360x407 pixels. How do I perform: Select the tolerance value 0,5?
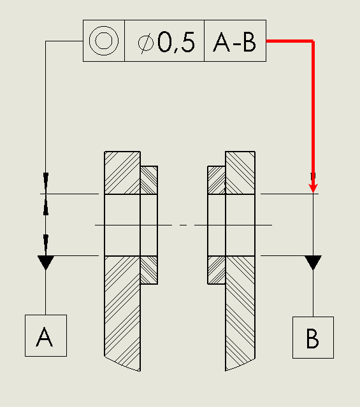click(176, 42)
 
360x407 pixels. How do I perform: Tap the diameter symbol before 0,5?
click(146, 43)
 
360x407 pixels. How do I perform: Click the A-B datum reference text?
click(234, 42)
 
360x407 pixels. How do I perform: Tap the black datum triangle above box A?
click(46, 262)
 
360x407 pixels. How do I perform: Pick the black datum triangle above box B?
click(313, 262)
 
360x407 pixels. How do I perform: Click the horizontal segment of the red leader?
click(290, 41)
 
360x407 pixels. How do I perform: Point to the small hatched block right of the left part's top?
click(149, 180)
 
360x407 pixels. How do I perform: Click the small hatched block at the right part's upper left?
click(217, 180)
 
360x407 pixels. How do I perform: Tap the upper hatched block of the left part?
click(122, 173)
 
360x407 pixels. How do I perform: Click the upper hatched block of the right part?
click(240, 173)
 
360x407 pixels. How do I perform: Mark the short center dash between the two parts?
click(183, 225)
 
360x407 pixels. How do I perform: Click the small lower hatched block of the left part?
click(149, 270)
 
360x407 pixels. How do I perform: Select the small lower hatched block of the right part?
click(217, 270)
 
